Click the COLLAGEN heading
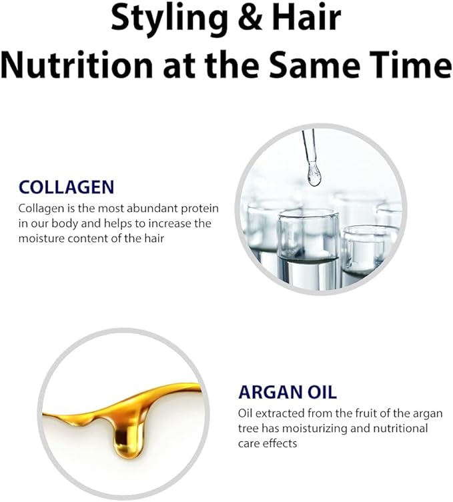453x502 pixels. point(66,187)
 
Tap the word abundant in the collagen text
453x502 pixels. point(152,209)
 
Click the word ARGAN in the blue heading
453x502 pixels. point(271,392)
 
